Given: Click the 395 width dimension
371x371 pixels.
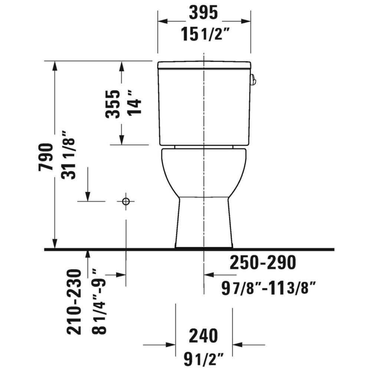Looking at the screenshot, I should pos(203,13).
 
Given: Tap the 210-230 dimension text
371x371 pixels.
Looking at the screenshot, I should pos(74,302).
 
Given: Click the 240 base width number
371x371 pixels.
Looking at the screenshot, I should pos(203,336).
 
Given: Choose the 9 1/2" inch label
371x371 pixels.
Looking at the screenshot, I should pos(204,358).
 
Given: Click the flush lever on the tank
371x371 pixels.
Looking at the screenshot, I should pos(253,79).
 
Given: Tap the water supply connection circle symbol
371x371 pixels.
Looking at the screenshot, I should pos(126,201).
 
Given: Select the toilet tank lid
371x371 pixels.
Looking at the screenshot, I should pos(204,65).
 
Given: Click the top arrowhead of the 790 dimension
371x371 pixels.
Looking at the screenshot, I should pos(55,65).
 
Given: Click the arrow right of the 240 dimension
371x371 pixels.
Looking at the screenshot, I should pos(237,345).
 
